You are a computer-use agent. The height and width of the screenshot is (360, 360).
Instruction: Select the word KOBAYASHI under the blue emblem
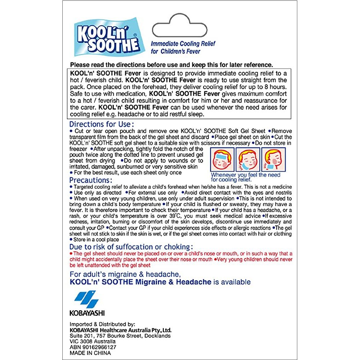coord(87,313)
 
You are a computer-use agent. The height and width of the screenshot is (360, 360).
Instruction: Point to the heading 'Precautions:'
coord(91,180)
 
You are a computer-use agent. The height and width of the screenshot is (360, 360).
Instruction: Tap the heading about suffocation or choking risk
coord(131,247)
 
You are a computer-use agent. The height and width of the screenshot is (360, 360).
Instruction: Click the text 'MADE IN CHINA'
coord(90,353)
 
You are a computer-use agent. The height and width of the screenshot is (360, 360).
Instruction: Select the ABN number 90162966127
coord(93,347)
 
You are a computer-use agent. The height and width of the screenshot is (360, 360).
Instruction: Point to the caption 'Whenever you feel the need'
coord(246,175)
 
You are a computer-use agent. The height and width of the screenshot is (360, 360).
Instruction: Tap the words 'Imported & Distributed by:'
coord(102,324)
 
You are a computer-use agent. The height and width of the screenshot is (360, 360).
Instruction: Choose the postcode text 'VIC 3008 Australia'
coord(93,341)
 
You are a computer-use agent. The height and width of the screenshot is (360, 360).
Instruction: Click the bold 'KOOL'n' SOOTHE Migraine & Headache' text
coord(141,282)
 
